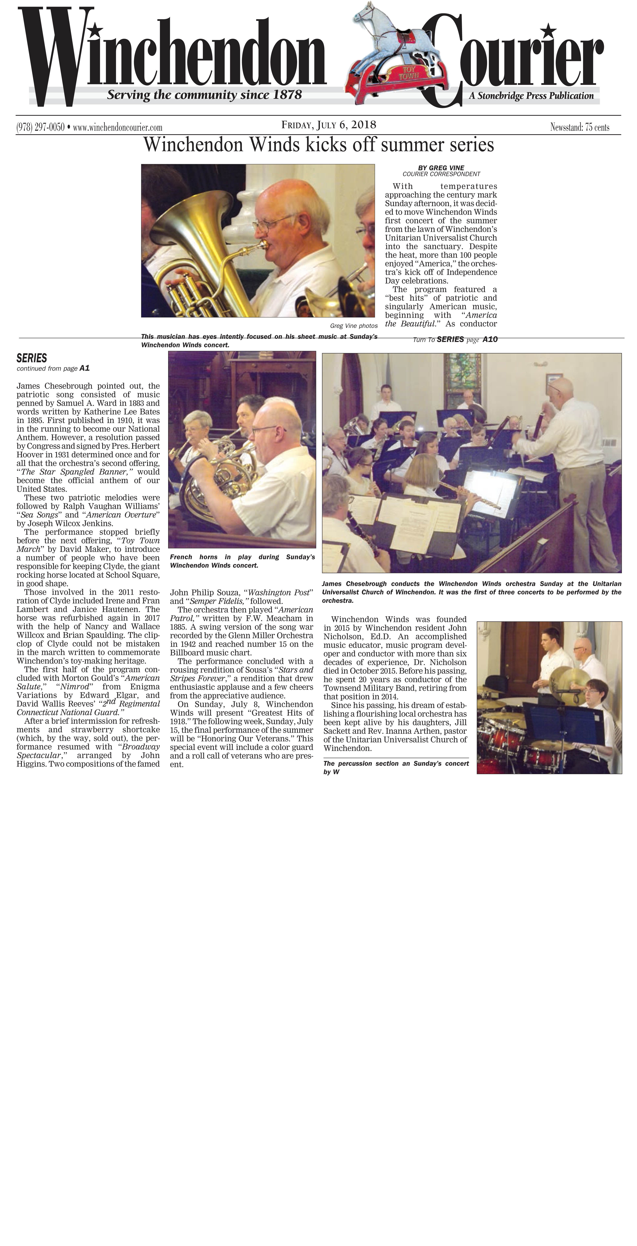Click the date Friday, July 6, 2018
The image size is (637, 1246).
coord(329,125)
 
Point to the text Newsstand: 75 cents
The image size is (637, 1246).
coord(579,127)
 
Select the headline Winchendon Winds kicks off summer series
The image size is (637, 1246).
coord(318,145)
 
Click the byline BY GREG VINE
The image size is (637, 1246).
coord(441,168)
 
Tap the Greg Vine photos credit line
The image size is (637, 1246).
coord(354,326)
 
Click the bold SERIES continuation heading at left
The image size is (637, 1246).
coord(32,358)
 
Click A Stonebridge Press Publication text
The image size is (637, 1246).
coord(531,96)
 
